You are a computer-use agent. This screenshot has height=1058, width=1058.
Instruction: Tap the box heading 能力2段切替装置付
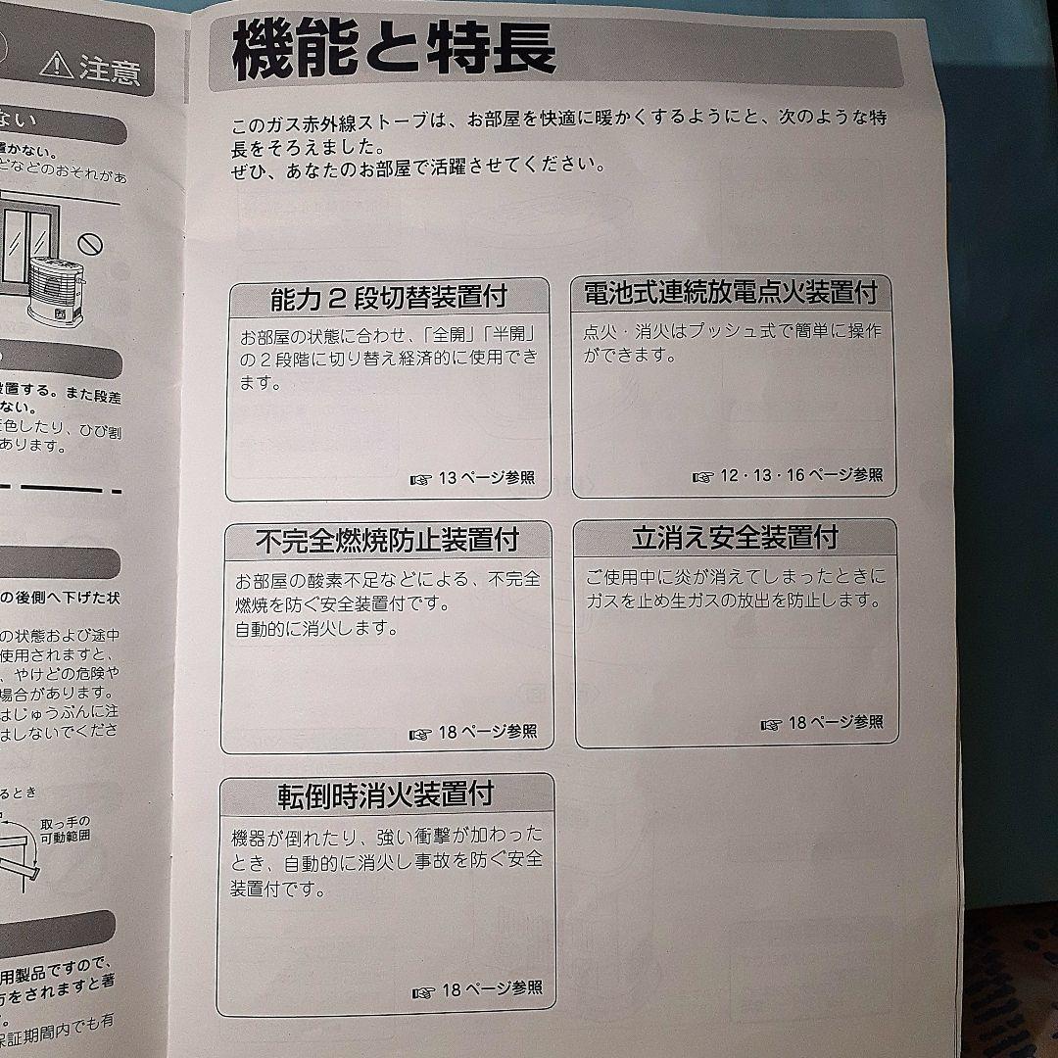[389, 296]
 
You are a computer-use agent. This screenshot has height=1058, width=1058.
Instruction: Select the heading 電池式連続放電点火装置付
[730, 292]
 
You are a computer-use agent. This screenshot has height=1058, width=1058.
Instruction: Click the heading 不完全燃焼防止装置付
[387, 539]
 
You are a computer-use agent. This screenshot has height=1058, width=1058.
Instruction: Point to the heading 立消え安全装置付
[735, 537]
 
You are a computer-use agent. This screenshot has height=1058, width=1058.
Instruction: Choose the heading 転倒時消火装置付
[385, 793]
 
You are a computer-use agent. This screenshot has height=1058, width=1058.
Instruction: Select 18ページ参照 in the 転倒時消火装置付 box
[491, 988]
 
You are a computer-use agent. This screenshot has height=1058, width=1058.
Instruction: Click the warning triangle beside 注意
[57, 67]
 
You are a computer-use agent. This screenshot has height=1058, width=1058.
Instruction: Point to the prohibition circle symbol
[91, 240]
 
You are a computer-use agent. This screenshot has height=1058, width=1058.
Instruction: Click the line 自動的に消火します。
[316, 629]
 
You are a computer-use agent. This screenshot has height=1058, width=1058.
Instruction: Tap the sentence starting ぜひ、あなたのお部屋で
[418, 168]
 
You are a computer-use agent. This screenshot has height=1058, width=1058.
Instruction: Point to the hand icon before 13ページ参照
[421, 479]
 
